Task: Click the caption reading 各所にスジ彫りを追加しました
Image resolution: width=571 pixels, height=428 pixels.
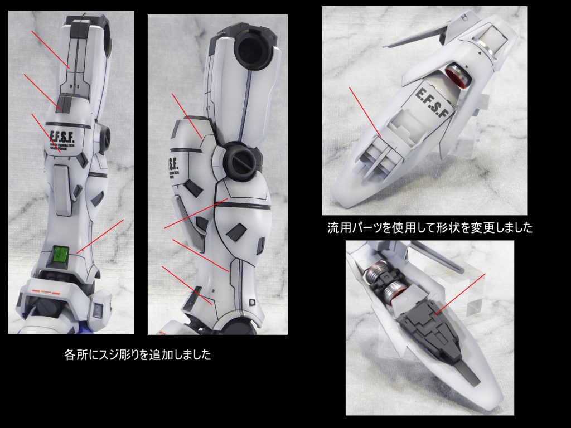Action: click(x=138, y=355)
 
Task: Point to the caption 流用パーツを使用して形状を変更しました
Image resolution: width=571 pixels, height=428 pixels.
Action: click(x=430, y=228)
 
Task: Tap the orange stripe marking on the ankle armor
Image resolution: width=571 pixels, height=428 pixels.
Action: click(x=48, y=293)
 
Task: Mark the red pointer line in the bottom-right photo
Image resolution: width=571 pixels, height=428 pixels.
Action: click(x=461, y=293)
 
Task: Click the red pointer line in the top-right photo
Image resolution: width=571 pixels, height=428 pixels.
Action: click(x=365, y=111)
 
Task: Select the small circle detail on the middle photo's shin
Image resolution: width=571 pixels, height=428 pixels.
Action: click(x=253, y=302)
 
